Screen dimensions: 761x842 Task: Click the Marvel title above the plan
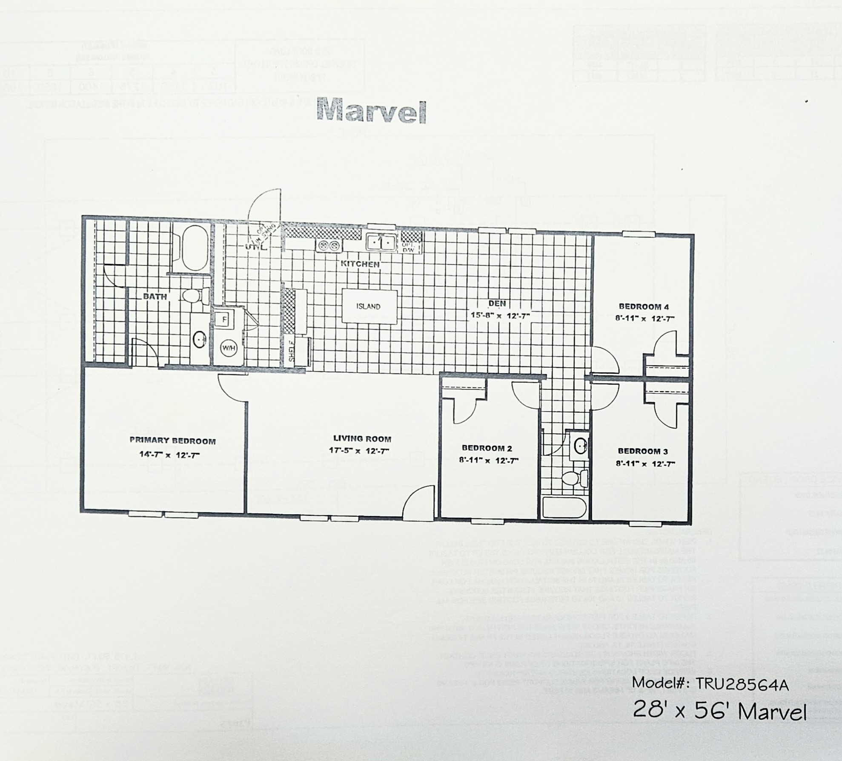(371, 112)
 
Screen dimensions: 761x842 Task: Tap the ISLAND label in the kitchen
(368, 306)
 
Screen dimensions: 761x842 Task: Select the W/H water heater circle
(228, 348)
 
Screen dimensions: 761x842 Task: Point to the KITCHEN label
(360, 264)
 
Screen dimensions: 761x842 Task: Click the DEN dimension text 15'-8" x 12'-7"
(500, 316)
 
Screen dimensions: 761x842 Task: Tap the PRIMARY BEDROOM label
(172, 441)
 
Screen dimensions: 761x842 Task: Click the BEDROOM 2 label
(487, 448)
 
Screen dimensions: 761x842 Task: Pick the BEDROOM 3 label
(643, 451)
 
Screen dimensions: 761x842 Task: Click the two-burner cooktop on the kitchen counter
(329, 245)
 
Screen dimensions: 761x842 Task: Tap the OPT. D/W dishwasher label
(408, 248)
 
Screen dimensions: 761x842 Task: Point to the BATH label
(155, 296)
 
